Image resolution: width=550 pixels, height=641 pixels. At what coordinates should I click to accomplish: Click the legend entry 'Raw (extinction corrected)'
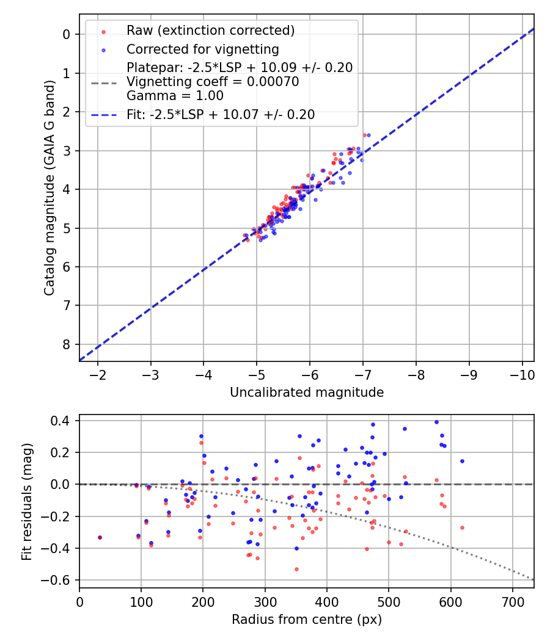pos(210,31)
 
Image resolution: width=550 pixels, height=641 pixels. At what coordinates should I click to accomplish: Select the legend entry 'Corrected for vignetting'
pos(202,49)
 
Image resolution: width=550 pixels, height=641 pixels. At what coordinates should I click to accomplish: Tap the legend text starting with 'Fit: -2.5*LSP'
pos(221,114)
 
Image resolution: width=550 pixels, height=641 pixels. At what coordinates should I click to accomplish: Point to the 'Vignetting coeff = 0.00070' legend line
pos(213,82)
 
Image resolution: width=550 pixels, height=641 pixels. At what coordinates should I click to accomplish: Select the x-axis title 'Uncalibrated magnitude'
pos(307,393)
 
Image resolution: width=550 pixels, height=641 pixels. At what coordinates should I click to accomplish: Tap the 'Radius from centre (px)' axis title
pos(307,620)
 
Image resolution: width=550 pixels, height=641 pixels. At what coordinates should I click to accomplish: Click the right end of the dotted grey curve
pos(533,579)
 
